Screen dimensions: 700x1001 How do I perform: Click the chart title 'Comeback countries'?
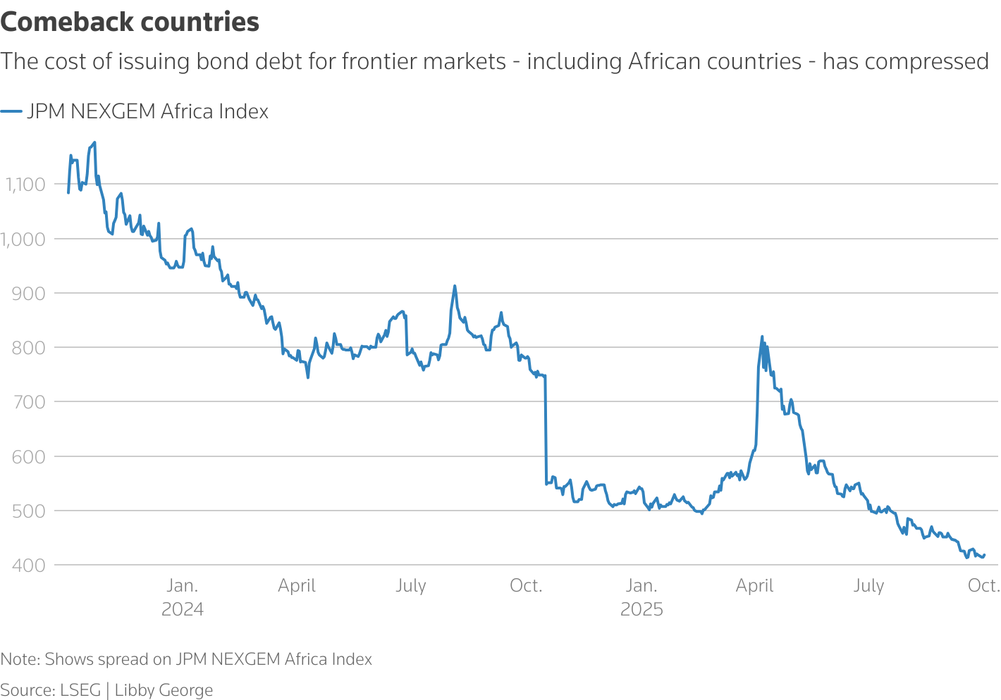[x=130, y=23]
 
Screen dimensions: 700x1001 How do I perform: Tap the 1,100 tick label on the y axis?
[x=25, y=185]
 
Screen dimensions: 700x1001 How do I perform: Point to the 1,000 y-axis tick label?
[x=23, y=239]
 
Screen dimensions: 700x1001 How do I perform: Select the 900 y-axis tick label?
[x=28, y=293]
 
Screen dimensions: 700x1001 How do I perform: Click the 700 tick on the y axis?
[x=28, y=402]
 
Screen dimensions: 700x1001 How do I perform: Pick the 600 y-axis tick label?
[x=28, y=456]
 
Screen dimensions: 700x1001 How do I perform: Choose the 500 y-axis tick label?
[x=28, y=511]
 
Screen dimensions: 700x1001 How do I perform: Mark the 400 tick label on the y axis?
[x=28, y=565]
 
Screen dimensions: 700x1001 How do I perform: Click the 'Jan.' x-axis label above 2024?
[x=183, y=586]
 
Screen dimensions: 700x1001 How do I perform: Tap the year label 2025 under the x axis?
[x=641, y=610]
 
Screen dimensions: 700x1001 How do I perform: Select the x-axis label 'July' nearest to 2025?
[x=868, y=586]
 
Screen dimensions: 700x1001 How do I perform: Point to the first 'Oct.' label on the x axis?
[x=526, y=586]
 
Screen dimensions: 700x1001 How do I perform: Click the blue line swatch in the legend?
[x=11, y=111]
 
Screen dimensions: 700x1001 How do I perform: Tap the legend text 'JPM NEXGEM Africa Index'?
[x=148, y=111]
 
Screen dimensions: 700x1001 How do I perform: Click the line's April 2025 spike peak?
[x=762, y=337]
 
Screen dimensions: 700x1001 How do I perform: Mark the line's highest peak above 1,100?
[x=94, y=142]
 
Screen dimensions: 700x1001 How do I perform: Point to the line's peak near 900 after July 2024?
[x=455, y=286]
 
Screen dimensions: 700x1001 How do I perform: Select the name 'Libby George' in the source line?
[x=164, y=690]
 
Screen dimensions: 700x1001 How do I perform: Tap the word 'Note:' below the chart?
[x=20, y=659]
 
